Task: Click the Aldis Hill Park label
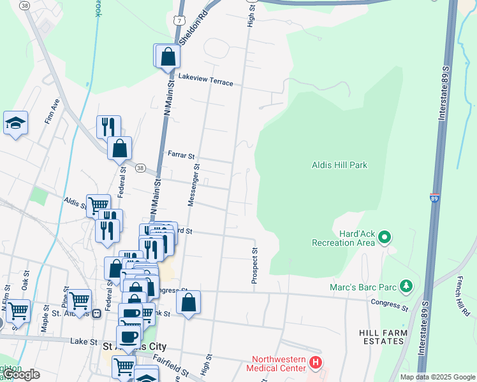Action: point(339,165)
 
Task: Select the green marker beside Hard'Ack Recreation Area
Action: point(384,238)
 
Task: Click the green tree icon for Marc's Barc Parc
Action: point(404,287)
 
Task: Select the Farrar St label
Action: point(181,155)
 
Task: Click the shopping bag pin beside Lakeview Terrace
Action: point(167,56)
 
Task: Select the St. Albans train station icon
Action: point(97,313)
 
